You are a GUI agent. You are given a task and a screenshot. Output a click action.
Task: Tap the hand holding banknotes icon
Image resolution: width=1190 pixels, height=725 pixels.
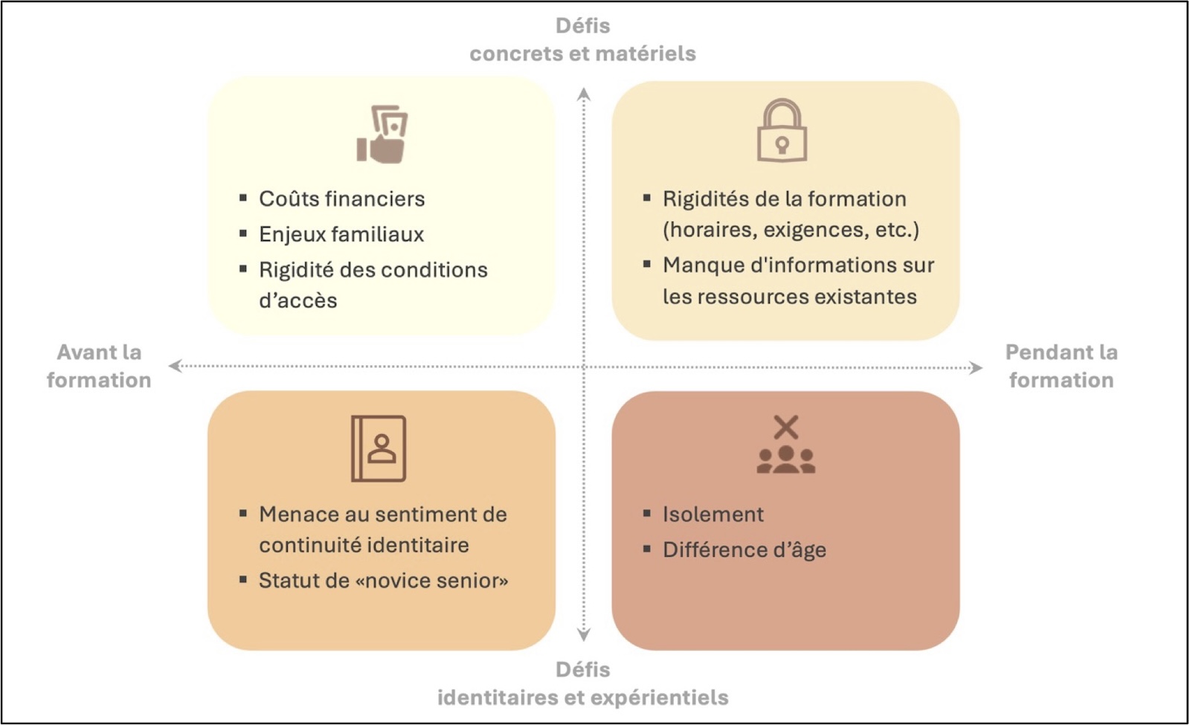(382, 135)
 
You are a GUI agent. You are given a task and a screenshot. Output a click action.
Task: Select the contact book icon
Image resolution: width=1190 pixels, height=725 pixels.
(379, 449)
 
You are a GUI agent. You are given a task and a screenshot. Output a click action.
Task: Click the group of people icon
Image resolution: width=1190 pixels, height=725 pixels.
(785, 460)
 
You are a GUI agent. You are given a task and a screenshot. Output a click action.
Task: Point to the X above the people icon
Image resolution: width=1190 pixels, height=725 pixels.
(786, 427)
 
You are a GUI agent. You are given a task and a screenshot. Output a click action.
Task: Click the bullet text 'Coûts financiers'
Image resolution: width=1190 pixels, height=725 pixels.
(341, 199)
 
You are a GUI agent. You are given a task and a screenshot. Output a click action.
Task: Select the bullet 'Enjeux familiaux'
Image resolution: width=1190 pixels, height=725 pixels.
(341, 234)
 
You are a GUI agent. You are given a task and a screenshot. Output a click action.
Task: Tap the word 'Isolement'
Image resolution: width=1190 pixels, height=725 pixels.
(713, 514)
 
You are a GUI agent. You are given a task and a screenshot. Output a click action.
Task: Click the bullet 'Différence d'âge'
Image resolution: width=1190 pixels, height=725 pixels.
(744, 550)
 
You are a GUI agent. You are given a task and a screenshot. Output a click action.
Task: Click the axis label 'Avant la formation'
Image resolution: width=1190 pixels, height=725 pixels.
(99, 366)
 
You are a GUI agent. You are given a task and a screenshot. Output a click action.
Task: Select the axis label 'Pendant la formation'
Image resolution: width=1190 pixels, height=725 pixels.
(1061, 366)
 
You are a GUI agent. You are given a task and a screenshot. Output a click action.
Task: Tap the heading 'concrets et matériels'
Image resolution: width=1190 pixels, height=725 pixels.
(583, 54)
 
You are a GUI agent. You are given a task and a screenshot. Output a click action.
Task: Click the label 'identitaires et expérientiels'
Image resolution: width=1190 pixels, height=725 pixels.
(583, 697)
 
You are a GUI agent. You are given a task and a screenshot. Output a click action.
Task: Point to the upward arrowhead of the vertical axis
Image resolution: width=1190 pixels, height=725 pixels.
(584, 94)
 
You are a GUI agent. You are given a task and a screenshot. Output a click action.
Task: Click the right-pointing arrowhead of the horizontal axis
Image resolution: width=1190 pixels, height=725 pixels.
(975, 367)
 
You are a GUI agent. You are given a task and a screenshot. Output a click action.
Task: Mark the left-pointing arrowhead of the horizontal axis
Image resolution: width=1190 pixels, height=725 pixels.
(176, 365)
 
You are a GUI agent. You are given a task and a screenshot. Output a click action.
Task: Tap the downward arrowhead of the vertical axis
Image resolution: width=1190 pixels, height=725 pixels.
(584, 635)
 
